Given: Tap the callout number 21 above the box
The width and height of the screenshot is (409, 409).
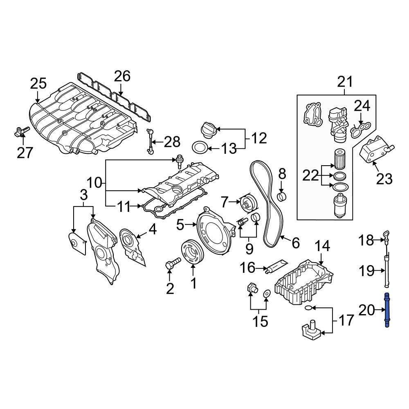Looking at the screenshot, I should [344, 82].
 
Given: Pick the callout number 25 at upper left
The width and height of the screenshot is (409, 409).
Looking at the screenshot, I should [38, 84].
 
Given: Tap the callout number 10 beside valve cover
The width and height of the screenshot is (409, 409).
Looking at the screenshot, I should [94, 183].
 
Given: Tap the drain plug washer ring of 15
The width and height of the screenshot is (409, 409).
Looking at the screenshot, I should [266, 293].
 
